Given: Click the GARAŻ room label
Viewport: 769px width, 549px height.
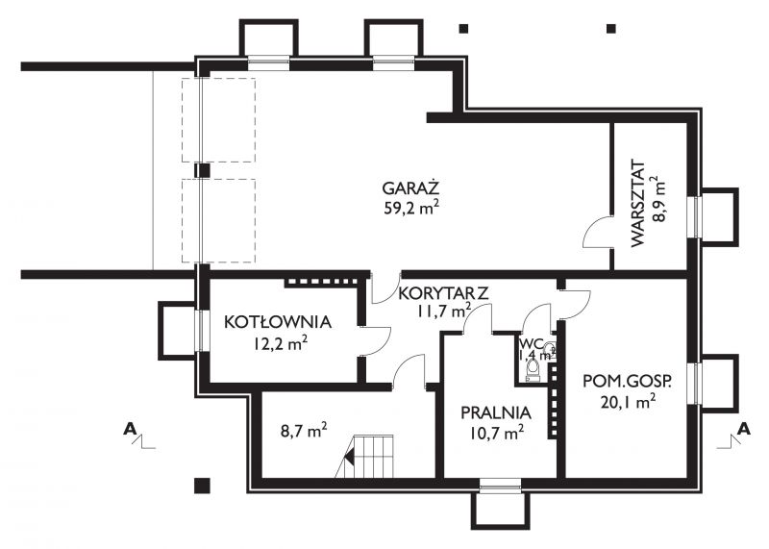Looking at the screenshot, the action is pos(410,187).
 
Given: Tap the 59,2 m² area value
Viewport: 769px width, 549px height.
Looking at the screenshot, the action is pos(411,208).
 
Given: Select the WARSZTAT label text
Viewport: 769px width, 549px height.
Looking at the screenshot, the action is pos(637,203).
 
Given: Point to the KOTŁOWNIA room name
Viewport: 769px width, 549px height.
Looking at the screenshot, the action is pos(278,322).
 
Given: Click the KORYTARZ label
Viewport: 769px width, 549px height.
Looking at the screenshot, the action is pos(443,293).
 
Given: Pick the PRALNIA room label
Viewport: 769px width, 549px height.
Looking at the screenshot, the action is pos(496,412).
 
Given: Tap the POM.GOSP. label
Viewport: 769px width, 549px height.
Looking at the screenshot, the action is pos(628,382).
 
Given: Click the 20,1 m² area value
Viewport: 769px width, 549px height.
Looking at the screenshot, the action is pos(628,402).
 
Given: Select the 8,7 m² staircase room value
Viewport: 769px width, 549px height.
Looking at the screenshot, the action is pos(304,431).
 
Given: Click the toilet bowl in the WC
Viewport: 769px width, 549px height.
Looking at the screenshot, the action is pos(533,369).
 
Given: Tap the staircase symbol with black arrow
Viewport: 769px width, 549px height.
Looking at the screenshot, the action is pos(365,457).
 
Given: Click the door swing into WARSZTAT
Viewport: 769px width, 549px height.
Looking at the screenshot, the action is pos(597,232).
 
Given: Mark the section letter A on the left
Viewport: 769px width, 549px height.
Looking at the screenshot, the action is pos(130,429).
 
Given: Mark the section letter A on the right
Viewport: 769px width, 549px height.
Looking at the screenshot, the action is pos(744,429).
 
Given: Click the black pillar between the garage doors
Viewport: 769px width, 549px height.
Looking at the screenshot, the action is pos(202,170).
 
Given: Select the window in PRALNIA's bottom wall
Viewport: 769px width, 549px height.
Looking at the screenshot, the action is pos(500,486).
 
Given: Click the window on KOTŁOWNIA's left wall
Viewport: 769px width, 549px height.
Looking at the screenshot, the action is pos(200,331).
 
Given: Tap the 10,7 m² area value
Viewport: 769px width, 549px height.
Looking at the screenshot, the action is pos(496,433).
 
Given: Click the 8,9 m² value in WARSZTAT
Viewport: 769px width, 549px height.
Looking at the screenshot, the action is pos(659,199).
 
